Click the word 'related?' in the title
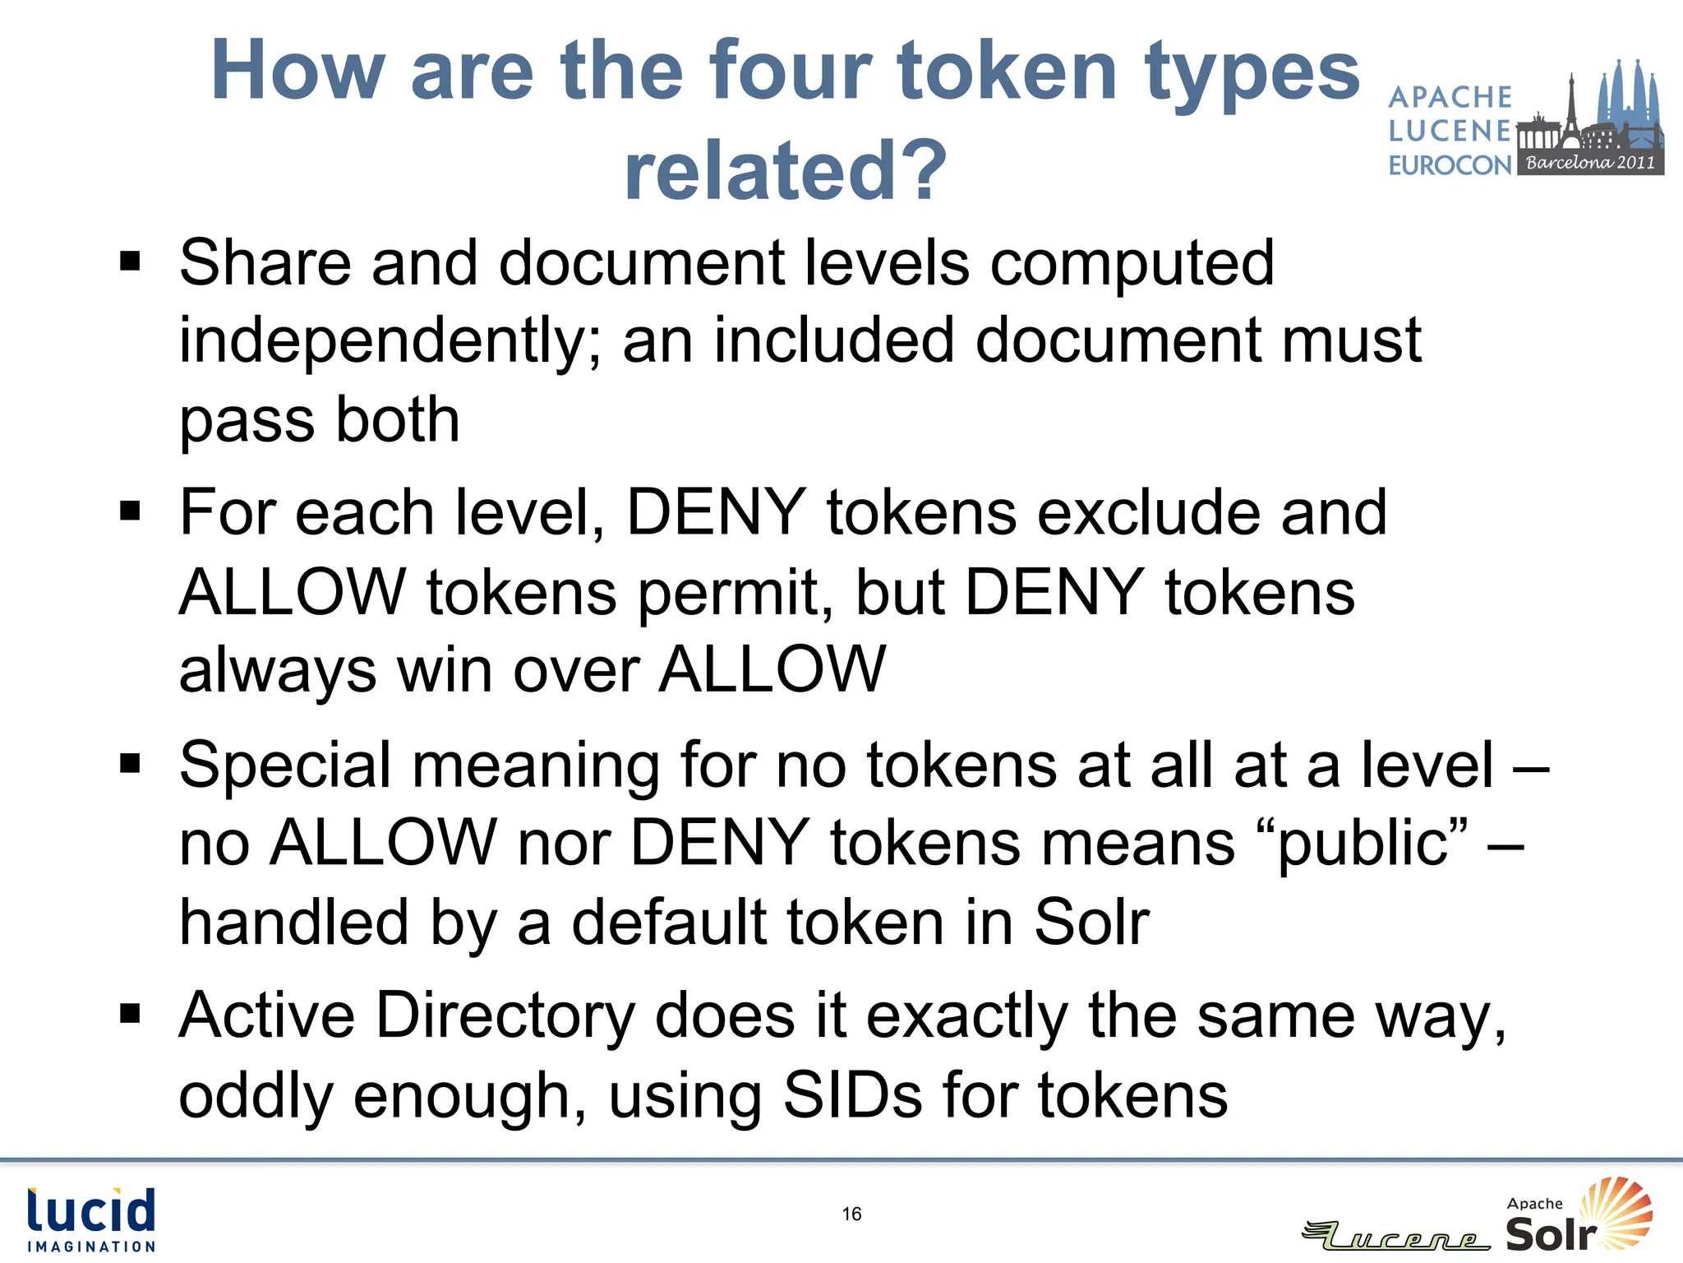tap(785, 170)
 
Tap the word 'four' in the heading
tap(790, 72)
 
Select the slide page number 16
tap(851, 1214)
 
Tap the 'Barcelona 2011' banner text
tap(1590, 162)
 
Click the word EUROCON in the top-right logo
tap(1450, 165)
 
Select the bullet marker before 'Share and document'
tap(130, 262)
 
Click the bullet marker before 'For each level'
tap(130, 511)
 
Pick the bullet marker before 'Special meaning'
tap(130, 764)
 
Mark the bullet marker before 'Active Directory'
tap(130, 1015)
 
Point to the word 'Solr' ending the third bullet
tap(1091, 922)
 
